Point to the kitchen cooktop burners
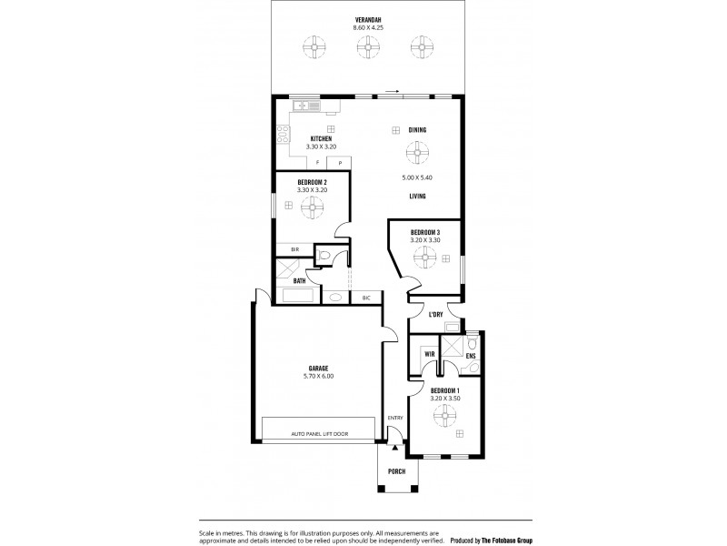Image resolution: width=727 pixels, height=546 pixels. (284, 139)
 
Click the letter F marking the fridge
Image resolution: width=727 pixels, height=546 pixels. (317, 164)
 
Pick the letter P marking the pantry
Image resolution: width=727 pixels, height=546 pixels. (340, 164)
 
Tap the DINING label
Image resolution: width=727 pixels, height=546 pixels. (417, 130)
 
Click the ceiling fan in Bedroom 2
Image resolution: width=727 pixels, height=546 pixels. (311, 208)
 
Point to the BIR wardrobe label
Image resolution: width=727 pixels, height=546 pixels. (294, 248)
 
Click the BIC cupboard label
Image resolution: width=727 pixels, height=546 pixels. (366, 298)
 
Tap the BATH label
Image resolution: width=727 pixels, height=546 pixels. (299, 281)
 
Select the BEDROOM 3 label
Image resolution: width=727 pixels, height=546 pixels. (424, 233)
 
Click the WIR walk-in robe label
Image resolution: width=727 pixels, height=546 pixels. (428, 354)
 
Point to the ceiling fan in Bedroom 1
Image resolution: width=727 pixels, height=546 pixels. (444, 415)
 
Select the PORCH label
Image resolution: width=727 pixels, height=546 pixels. (397, 471)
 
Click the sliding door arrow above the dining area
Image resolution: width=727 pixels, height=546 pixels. (392, 91)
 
